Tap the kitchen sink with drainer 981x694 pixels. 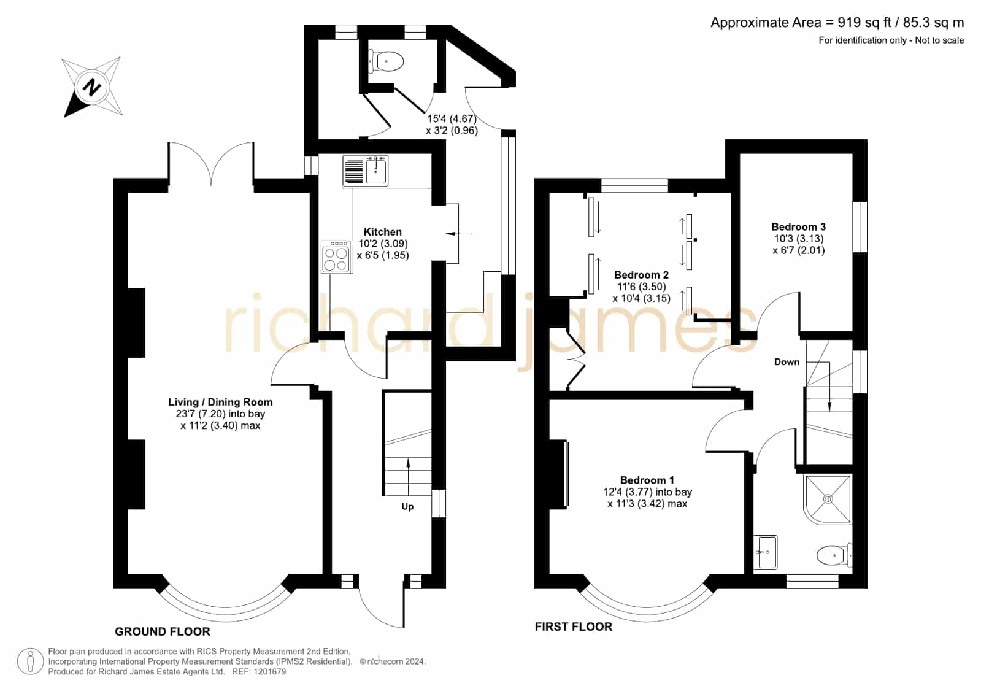pos(365,171)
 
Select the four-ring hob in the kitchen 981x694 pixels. pos(336,257)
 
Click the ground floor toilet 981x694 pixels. pos(386,61)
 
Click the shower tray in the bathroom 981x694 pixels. pos(828,499)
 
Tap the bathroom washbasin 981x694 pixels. pos(766,552)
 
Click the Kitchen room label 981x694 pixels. pos(383,232)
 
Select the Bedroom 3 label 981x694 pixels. pos(798,227)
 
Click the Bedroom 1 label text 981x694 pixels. pos(647,480)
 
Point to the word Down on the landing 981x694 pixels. pos(787,362)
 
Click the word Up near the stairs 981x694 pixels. pos(407,507)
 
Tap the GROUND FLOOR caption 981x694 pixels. pos(163,631)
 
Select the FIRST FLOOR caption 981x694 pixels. pos(574,627)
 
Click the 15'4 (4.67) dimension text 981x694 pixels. pos(452,118)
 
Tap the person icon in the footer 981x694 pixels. pos(30,661)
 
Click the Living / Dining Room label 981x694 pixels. pos(220,402)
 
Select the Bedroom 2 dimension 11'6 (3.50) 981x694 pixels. pos(642,287)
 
